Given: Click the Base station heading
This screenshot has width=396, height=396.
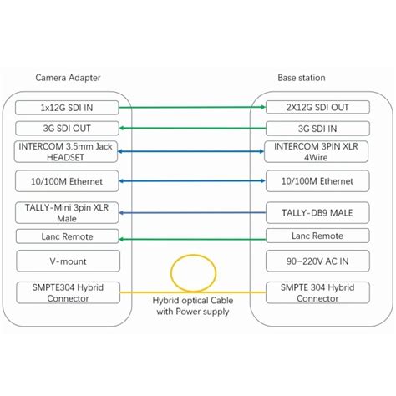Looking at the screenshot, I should pos(302,78).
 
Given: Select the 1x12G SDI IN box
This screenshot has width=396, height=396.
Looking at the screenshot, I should pos(68,108).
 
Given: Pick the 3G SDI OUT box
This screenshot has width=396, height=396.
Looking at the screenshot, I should pos(68,128).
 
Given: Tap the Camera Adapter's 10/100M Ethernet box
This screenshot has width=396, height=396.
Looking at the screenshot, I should pos(68,180).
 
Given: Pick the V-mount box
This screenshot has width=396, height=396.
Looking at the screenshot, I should pos(68,261).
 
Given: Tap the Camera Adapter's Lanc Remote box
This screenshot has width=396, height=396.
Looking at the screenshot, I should pos(68,237).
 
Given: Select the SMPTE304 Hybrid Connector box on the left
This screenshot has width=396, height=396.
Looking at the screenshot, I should pos(68,292).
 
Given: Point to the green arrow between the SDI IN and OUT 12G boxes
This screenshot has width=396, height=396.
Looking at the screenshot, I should pos(191,108).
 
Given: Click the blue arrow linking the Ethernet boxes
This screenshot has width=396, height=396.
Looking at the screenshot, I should pos(191,180).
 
